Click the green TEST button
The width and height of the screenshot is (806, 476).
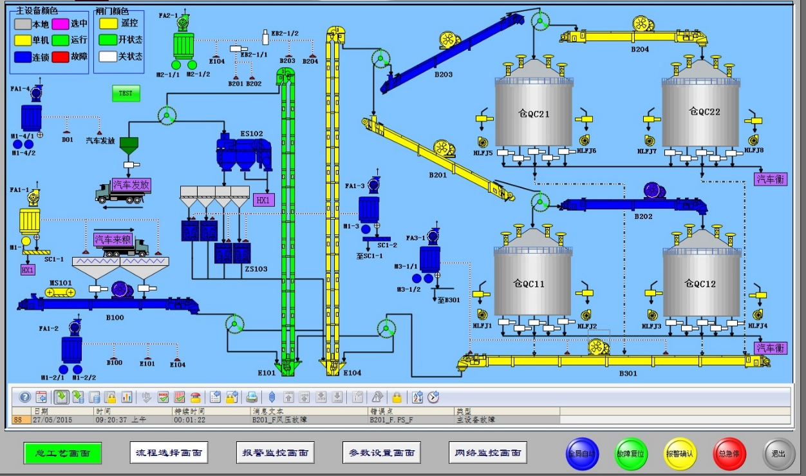click(126, 93)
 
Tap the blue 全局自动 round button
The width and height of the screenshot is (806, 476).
click(582, 453)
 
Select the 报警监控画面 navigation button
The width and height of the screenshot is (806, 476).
click(276, 453)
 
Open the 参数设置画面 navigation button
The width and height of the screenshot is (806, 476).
click(382, 453)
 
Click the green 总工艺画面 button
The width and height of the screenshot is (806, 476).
click(62, 453)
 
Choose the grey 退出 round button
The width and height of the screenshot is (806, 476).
click(779, 453)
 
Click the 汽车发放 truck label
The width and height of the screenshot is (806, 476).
click(131, 185)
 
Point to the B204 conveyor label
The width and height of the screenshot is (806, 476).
click(640, 49)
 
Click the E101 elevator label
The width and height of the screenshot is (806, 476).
click(267, 373)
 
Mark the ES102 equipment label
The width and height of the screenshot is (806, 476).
click(251, 134)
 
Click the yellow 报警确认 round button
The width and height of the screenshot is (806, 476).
click(680, 453)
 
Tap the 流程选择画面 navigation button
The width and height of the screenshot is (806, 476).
click(169, 453)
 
